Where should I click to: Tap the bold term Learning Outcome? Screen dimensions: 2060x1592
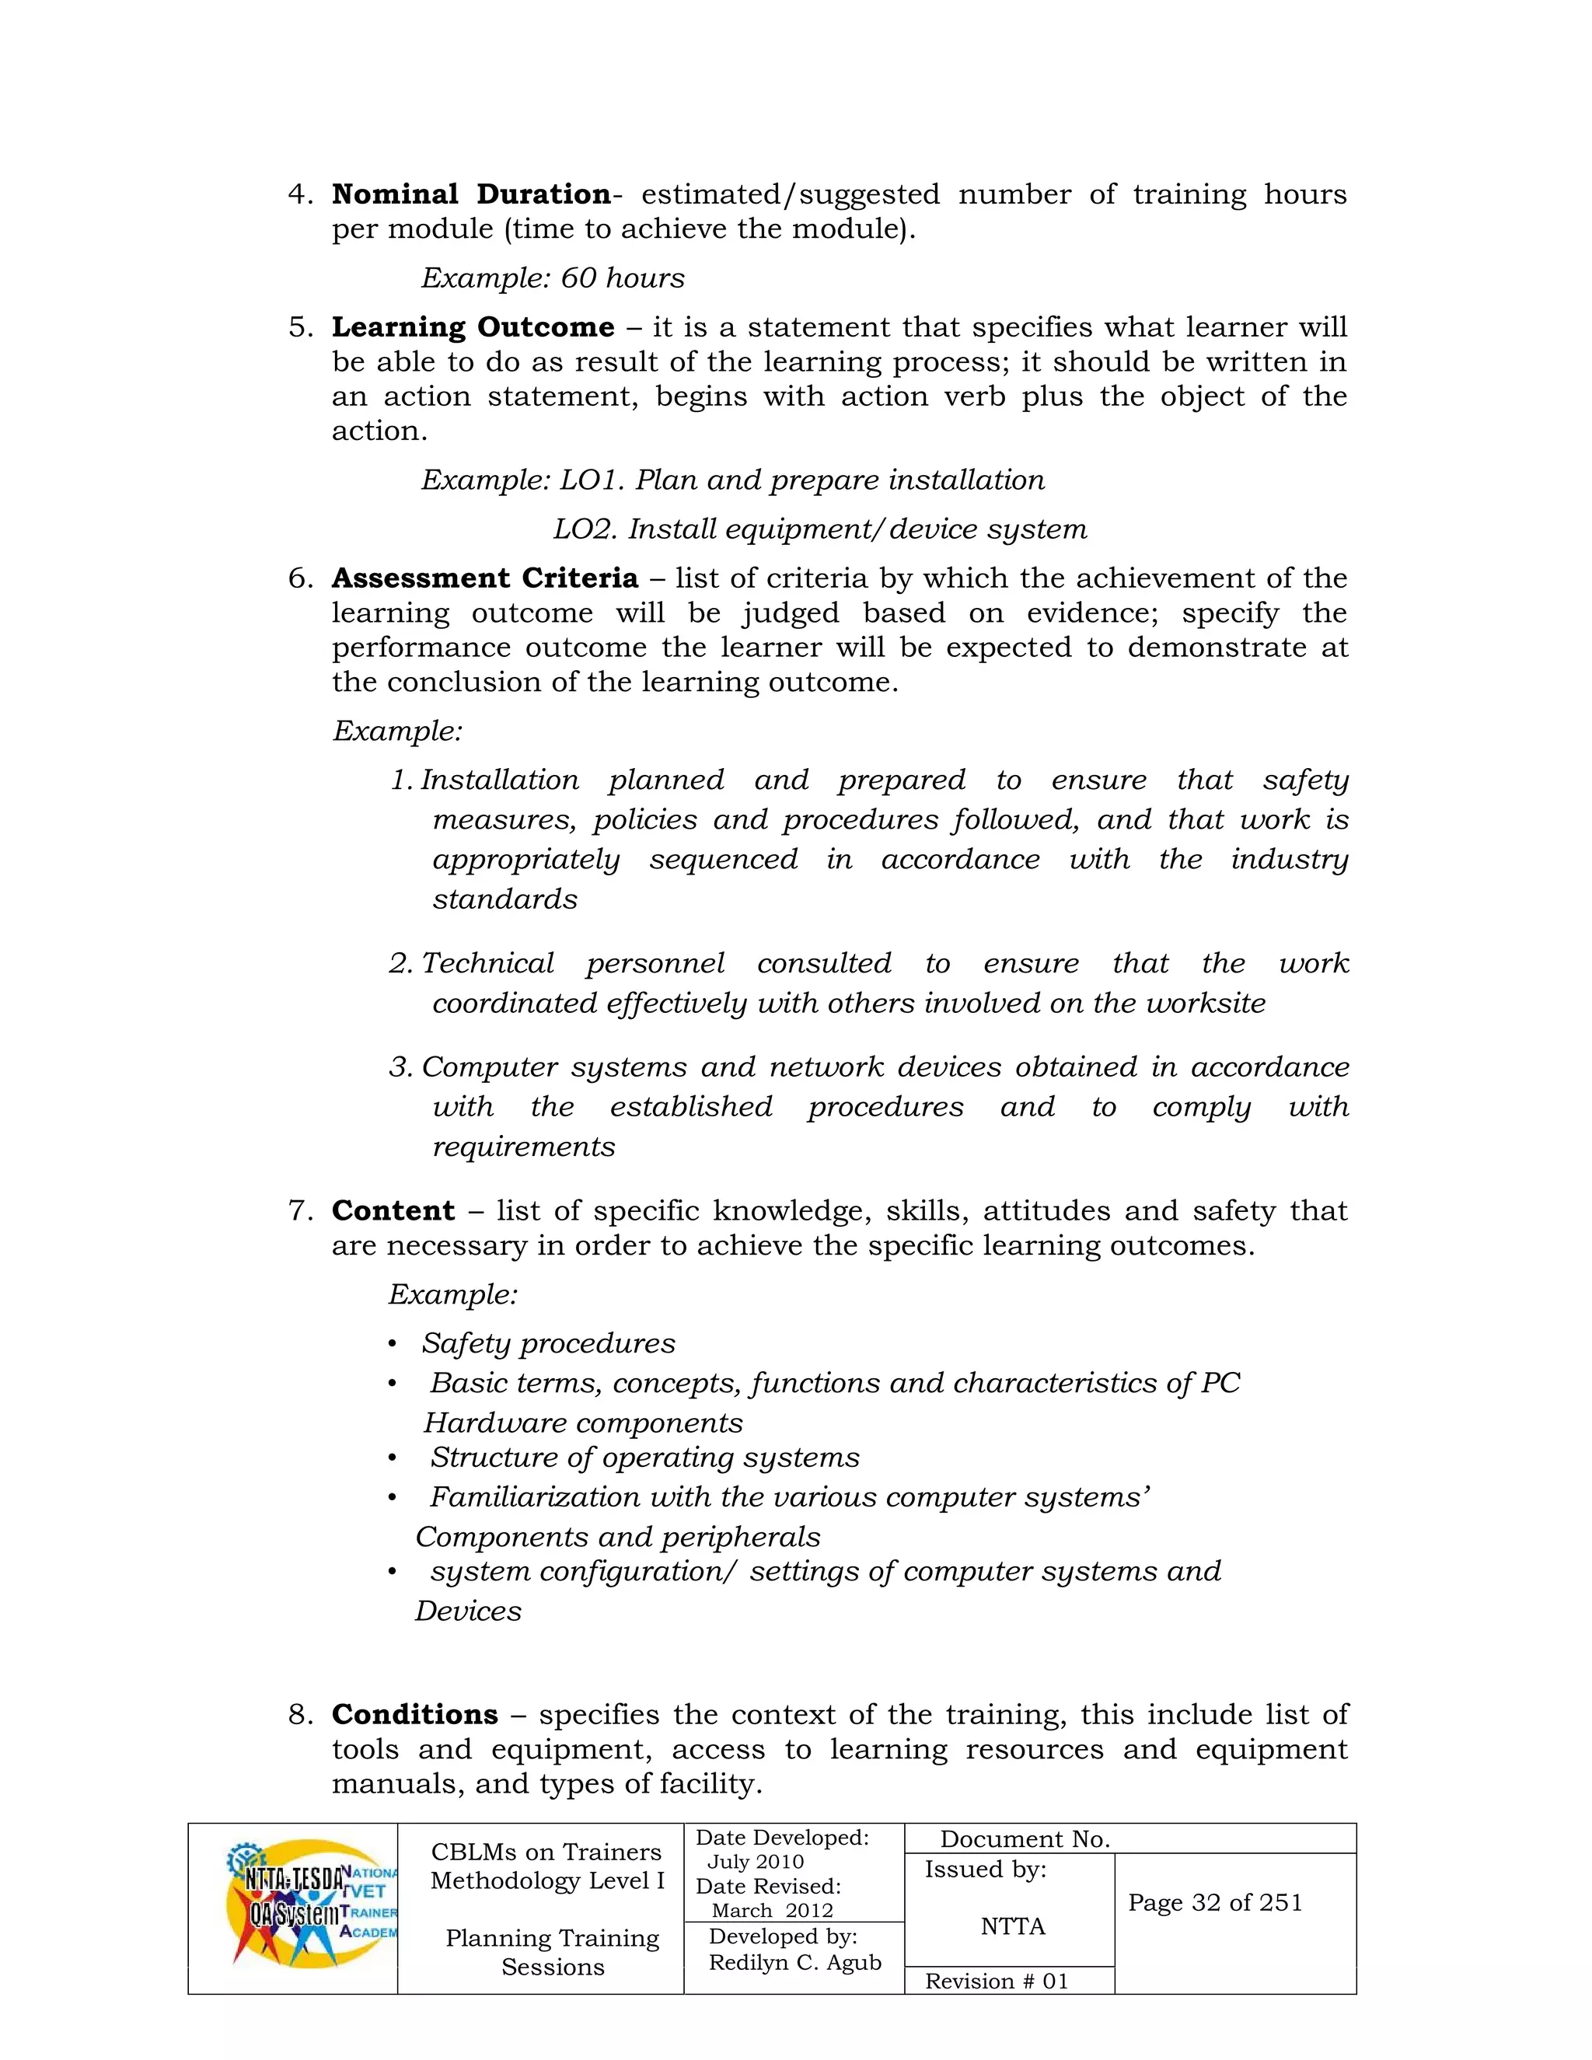click(473, 327)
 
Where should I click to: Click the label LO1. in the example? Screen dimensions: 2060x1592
click(592, 480)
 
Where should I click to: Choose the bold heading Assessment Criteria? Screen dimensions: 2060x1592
click(485, 578)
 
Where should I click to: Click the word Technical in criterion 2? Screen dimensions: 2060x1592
click(487, 963)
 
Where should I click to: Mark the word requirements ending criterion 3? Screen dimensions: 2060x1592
click(523, 1147)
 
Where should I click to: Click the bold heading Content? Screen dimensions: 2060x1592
click(393, 1211)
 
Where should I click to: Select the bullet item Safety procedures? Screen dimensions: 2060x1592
click(548, 1343)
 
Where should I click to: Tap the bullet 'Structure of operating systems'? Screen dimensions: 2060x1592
click(644, 1458)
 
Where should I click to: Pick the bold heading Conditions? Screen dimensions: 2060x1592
click(415, 1714)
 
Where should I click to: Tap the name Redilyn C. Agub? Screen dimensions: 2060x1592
click(794, 1963)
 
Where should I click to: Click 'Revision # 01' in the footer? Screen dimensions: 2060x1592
click(996, 1981)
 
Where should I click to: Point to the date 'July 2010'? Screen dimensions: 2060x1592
click(756, 1862)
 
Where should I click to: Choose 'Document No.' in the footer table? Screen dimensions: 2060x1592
click(1025, 1839)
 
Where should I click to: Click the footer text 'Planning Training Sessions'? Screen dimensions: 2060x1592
click(552, 1953)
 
